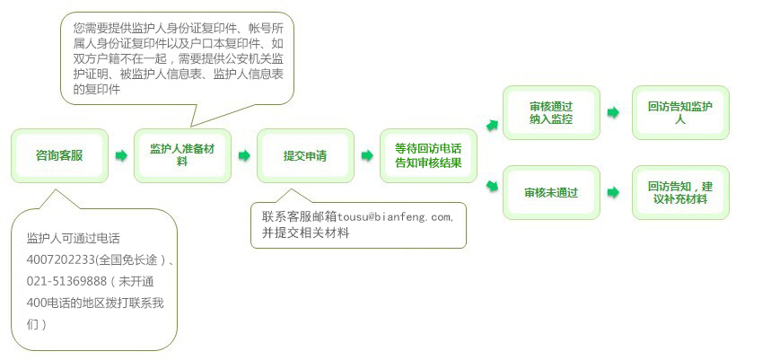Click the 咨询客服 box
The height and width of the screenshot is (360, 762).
click(59, 155)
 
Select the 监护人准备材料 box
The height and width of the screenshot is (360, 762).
click(182, 155)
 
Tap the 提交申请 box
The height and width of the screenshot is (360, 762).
click(305, 155)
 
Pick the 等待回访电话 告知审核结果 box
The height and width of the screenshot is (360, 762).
click(428, 155)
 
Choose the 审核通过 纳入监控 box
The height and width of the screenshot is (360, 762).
click(551, 113)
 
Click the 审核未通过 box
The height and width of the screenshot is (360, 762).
click(551, 192)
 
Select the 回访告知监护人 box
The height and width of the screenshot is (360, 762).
click(680, 113)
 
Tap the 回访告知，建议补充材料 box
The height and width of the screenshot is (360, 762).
click(680, 192)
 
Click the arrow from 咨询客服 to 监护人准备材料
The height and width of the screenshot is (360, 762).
click(121, 155)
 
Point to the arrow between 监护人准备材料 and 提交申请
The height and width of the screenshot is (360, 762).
click(244, 155)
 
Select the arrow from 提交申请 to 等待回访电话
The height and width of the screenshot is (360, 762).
click(367, 155)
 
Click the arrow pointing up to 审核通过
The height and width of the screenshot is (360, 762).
click(492, 126)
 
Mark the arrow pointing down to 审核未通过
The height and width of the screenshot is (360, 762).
click(492, 186)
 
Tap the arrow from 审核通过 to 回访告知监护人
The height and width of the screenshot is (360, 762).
click(613, 113)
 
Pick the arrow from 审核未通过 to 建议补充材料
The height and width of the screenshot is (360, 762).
click(613, 192)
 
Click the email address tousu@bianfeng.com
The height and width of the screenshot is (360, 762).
click(394, 216)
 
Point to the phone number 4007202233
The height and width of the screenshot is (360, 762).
click(60, 260)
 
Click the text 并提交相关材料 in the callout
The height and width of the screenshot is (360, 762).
click(306, 233)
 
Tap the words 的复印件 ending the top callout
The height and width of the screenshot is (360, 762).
click(96, 90)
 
